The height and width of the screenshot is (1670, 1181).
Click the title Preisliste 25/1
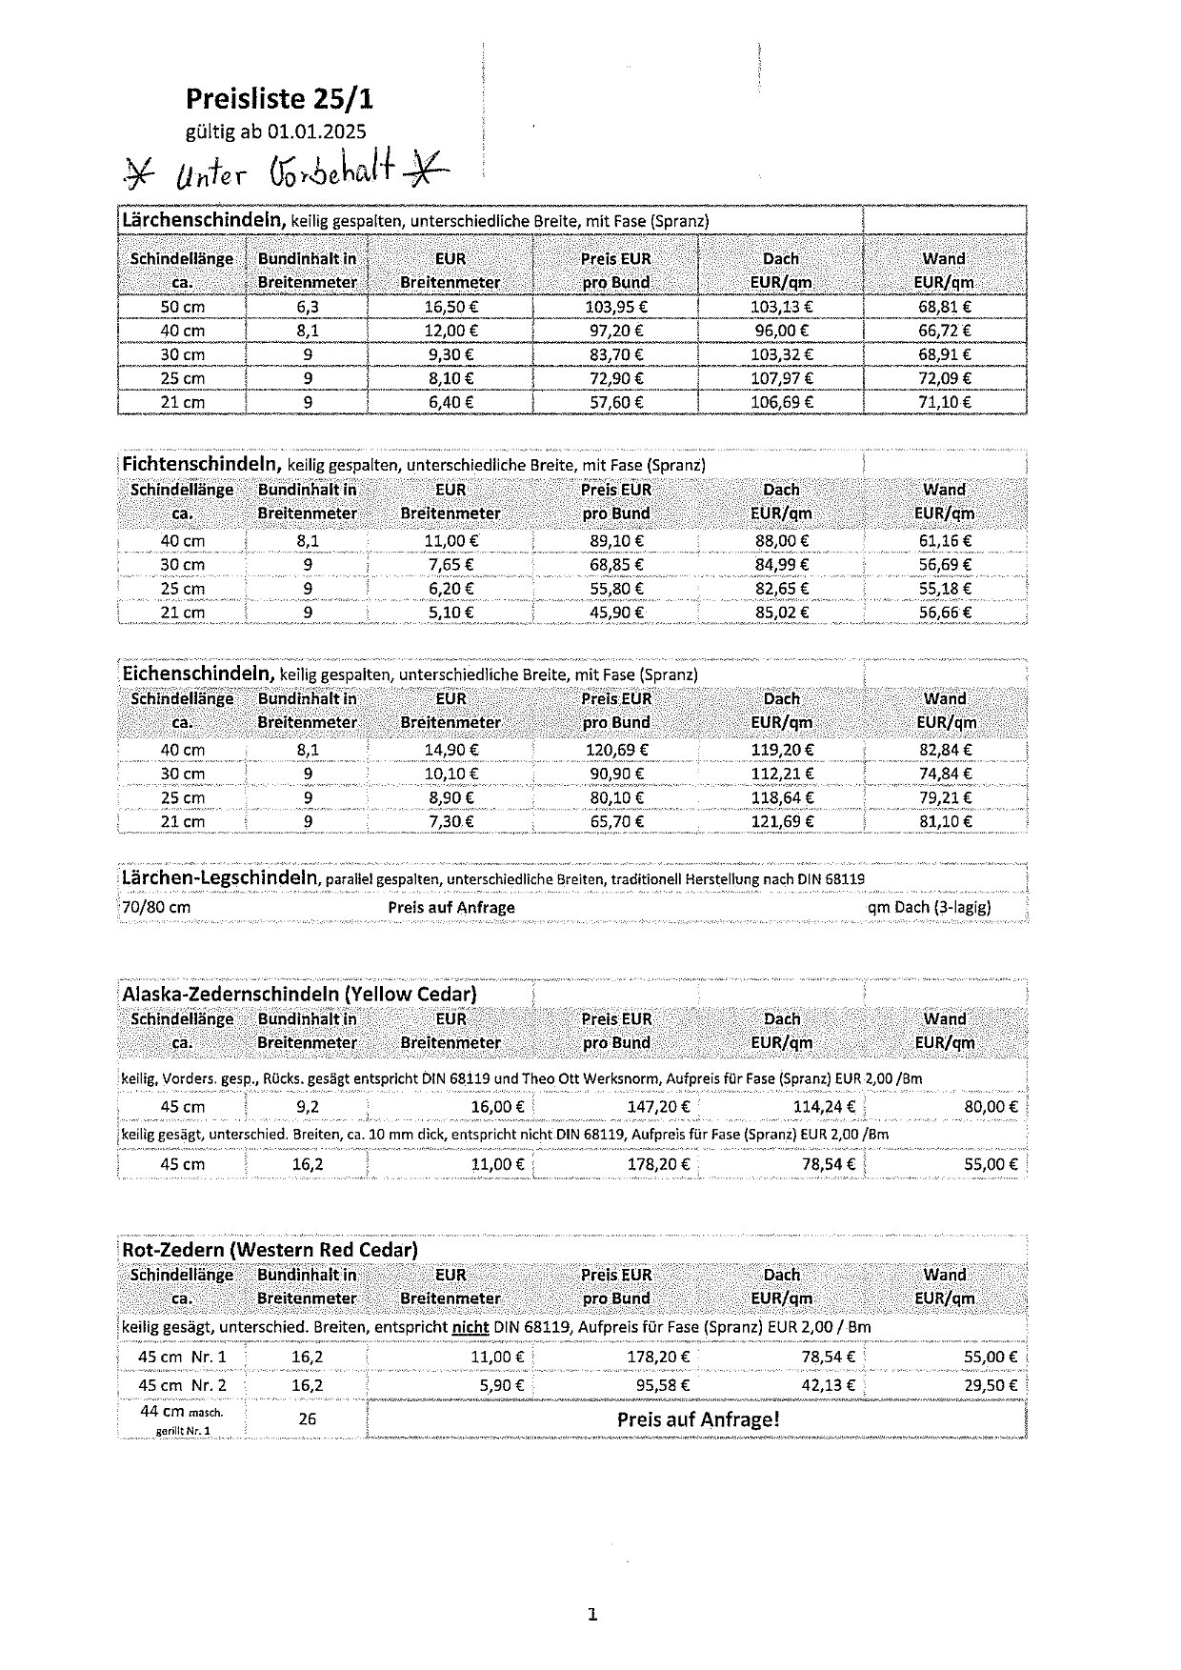279,98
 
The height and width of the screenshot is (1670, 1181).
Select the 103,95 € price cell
616,307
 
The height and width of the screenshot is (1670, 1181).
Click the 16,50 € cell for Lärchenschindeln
450,307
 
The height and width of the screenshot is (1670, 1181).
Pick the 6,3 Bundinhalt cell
307,307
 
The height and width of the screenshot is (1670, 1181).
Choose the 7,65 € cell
450,565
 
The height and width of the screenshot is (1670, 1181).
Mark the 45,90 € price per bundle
616,613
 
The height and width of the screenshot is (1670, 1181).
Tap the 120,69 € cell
616,750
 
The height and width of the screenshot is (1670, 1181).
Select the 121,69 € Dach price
782,821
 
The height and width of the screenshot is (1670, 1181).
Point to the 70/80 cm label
156,907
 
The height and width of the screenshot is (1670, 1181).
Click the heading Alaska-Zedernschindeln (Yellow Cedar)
299,994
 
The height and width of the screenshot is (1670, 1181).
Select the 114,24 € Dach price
824,1107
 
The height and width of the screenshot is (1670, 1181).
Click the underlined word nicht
470,1326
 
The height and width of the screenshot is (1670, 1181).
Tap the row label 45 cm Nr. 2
182,1385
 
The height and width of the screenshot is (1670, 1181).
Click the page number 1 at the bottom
591,1614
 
